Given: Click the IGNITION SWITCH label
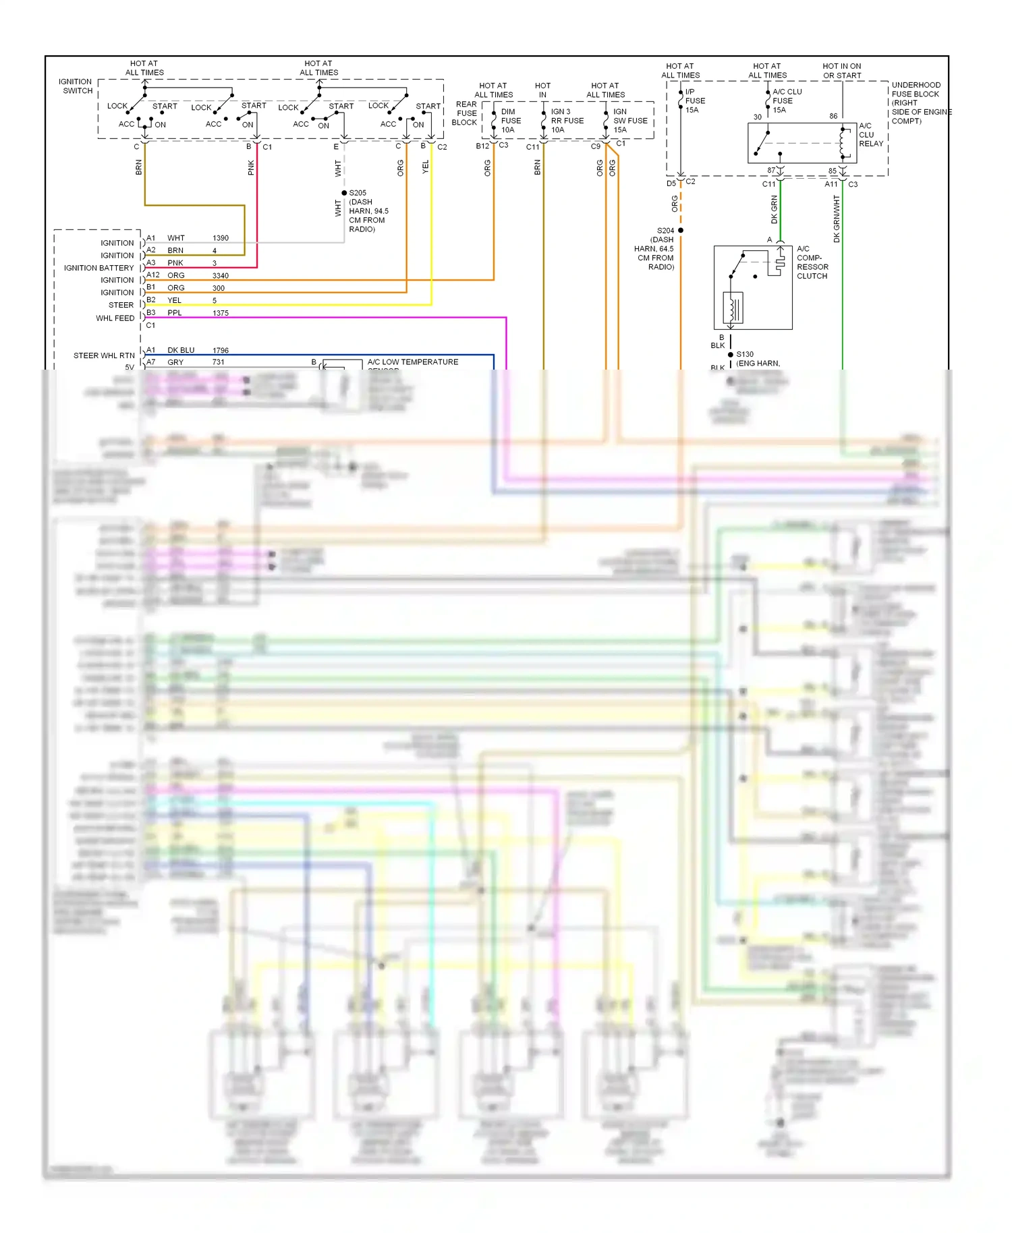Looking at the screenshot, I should (77, 86).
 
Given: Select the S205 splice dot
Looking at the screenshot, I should (344, 193).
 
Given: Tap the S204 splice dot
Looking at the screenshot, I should (681, 231).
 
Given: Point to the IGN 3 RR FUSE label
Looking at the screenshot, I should (567, 121).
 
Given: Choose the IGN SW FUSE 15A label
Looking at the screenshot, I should (629, 121).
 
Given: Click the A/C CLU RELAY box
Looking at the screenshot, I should (802, 143).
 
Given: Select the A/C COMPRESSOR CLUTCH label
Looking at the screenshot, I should (812, 262).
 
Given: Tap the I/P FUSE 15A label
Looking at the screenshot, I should (694, 101).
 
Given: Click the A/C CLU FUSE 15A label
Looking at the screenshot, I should (786, 101).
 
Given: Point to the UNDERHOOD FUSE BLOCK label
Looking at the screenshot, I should (918, 103).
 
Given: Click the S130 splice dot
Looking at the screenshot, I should (731, 355).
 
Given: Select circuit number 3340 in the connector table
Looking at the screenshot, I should (221, 276).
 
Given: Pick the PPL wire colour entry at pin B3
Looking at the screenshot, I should (175, 313).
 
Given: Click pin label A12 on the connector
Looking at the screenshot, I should (153, 275).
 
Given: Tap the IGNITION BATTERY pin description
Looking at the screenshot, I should (99, 268).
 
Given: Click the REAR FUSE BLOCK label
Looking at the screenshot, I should (466, 113).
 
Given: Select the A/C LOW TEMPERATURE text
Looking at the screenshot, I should (412, 362).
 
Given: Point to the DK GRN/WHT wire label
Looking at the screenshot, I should (837, 219).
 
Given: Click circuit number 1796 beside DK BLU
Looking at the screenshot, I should (221, 351).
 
